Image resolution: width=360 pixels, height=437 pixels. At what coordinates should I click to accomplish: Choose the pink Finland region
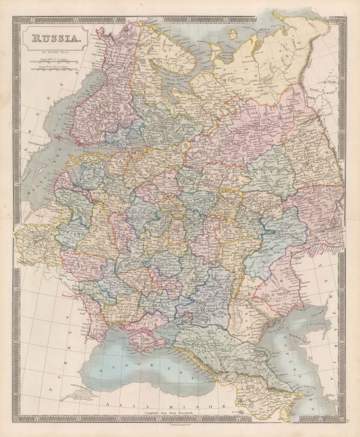[96, 90]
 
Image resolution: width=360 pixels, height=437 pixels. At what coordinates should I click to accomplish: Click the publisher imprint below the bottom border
[180, 423]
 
